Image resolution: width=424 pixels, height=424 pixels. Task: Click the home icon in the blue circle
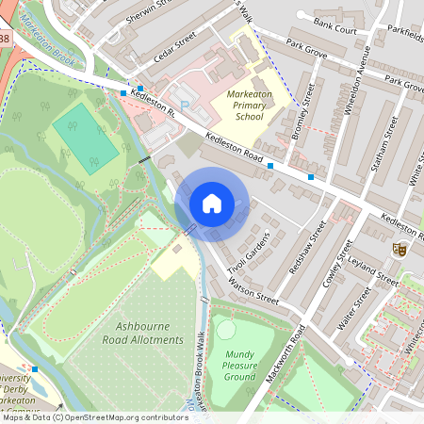point(212,204)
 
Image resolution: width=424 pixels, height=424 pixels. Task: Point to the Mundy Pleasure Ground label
point(239,366)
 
